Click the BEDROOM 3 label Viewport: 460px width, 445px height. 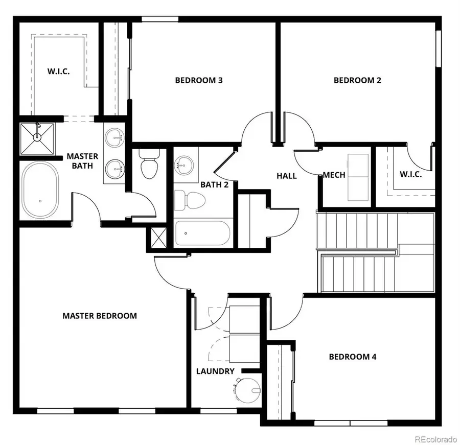pos(198,80)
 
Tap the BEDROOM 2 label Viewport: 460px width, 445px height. pos(357,80)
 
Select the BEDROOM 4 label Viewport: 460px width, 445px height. pos(352,357)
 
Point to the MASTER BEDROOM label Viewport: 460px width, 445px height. pos(100,316)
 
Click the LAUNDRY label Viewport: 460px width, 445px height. pos(215,371)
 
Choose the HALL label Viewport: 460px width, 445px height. pos(287,176)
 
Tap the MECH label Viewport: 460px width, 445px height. pos(334,175)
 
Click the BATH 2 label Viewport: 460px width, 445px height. pos(214,184)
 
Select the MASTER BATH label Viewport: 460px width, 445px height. pos(82,161)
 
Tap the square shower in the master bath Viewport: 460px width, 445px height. pos(36,138)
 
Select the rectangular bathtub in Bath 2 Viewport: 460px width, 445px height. pos(202,233)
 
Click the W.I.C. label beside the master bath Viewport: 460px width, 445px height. pos(59,72)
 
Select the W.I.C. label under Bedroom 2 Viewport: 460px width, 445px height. pos(410,174)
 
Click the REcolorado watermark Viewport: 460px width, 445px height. pos(435,438)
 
